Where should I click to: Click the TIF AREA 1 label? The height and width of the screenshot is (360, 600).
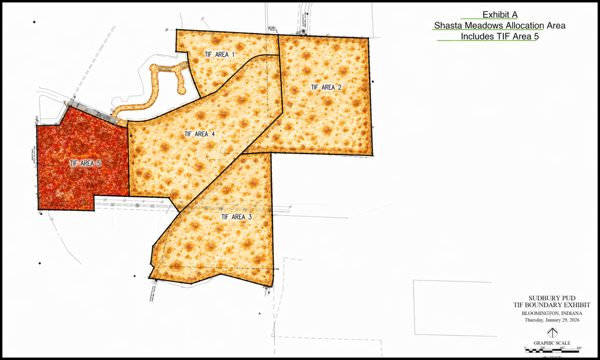219,53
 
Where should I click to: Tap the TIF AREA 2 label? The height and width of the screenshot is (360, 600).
326,87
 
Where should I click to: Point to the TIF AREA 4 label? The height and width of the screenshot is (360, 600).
199,134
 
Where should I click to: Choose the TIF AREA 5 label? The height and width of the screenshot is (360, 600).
85,162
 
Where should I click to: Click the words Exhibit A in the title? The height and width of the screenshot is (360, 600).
499,15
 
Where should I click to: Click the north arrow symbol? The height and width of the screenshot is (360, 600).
551,332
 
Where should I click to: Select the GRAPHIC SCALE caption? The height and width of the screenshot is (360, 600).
551,342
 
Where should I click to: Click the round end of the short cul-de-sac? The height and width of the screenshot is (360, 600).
181,90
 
